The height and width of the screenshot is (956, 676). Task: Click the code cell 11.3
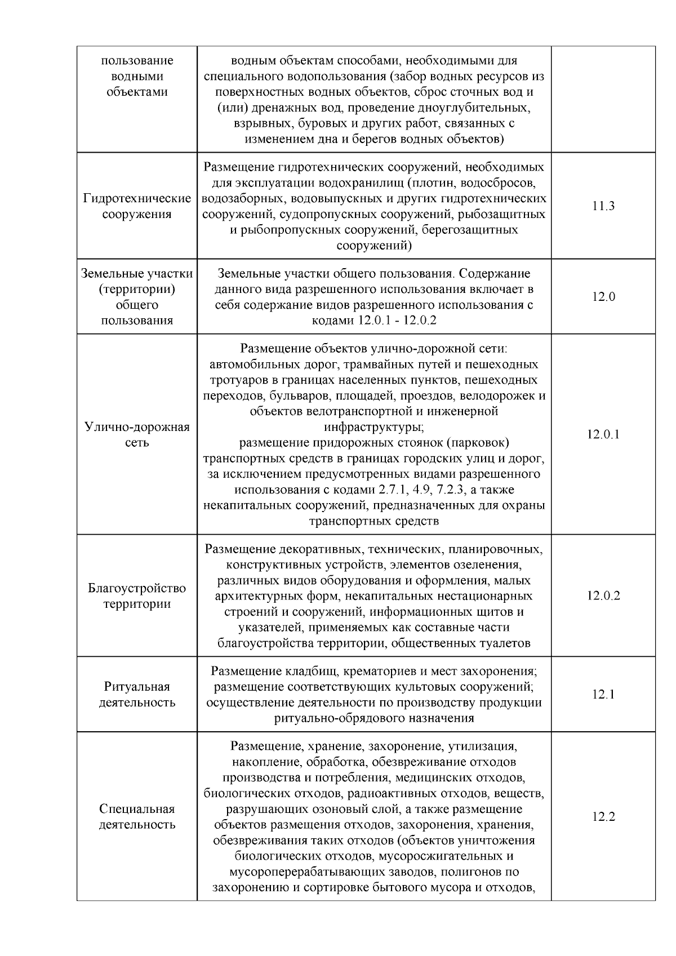click(x=603, y=206)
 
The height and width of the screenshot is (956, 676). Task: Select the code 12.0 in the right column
click(x=603, y=297)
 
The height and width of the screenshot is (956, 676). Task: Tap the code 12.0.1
click(x=603, y=434)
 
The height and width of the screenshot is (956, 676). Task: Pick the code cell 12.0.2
click(x=603, y=596)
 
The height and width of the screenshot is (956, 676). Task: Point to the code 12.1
click(x=603, y=695)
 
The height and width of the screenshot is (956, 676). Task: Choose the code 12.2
click(x=603, y=817)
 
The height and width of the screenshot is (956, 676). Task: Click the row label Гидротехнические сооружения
click(x=137, y=206)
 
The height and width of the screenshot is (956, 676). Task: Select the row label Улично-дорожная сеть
click(x=137, y=434)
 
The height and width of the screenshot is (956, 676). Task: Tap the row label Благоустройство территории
click(x=137, y=596)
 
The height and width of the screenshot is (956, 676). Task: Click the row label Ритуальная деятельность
click(x=137, y=695)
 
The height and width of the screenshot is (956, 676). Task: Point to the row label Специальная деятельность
click(x=137, y=817)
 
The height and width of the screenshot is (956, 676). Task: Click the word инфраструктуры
click(x=373, y=426)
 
